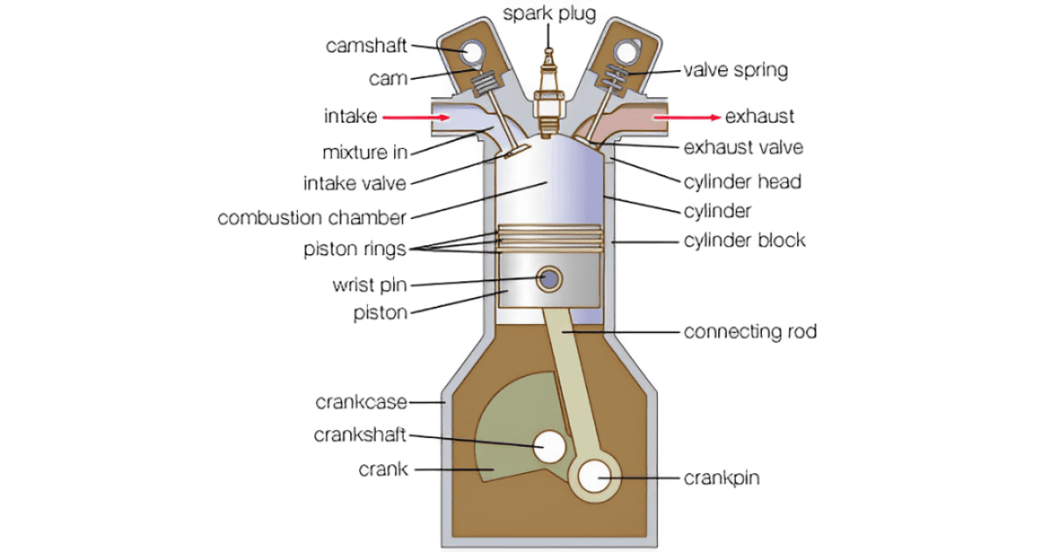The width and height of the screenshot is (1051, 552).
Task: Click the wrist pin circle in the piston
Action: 550,280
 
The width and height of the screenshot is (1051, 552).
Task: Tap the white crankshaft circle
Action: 551,447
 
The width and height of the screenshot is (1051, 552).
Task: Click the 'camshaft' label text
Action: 366,46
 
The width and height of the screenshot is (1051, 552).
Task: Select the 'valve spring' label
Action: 735,69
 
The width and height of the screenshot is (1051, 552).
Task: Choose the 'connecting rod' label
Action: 750,332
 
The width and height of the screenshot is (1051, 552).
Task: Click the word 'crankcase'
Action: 361,402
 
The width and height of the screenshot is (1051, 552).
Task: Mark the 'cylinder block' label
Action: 744,239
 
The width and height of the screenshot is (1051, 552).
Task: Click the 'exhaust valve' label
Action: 743,147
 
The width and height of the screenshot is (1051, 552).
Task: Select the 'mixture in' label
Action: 365,152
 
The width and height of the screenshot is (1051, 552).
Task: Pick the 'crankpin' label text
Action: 721,478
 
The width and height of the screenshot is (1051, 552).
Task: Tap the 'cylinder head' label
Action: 742,182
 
